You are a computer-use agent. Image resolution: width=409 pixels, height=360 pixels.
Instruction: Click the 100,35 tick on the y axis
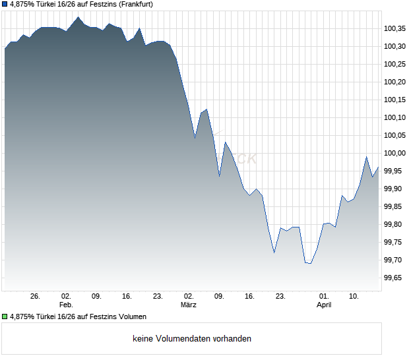tap(394, 28)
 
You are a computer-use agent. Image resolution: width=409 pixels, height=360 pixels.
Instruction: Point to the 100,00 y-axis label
tap(394, 153)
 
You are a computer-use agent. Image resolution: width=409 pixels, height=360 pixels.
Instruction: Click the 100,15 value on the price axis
tap(394, 100)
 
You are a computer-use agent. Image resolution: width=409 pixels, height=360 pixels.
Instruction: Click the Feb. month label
tap(65, 305)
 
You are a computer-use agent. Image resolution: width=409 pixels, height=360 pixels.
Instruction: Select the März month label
tap(189, 305)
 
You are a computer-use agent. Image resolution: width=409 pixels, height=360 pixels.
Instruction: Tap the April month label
tap(324, 305)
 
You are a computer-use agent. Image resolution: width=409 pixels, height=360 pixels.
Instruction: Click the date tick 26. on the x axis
tap(36, 297)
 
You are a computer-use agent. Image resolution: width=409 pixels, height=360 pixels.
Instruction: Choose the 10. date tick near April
tap(354, 297)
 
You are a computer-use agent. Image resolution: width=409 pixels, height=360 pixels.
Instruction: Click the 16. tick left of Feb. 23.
tap(127, 297)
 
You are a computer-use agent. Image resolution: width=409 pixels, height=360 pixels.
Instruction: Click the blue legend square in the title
tap(5, 4)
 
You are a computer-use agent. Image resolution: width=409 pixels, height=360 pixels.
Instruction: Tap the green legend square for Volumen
tap(5, 316)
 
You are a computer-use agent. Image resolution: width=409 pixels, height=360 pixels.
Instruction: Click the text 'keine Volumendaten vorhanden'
tap(192, 339)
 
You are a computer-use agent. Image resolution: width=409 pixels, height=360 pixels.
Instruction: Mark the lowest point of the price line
tap(311, 263)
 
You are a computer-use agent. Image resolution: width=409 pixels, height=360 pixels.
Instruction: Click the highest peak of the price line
tap(79, 17)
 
